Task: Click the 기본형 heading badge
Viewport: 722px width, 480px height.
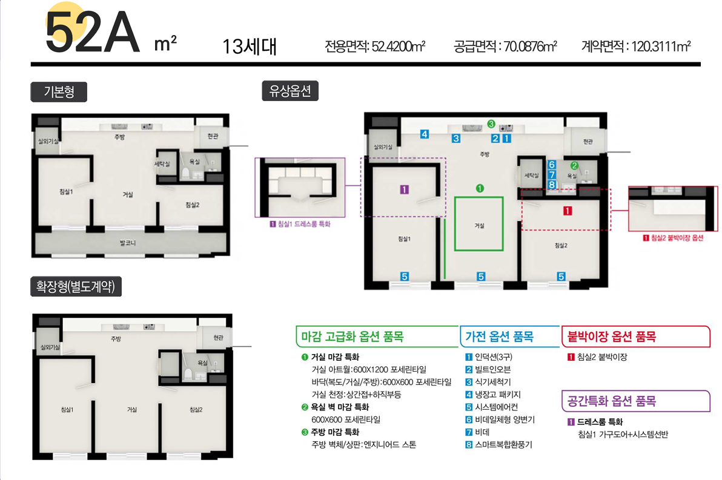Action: [59, 92]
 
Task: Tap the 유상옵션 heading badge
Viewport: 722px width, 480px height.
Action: [290, 91]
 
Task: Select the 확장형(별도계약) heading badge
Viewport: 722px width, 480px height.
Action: [76, 287]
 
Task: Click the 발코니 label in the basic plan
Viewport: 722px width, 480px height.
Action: [128, 243]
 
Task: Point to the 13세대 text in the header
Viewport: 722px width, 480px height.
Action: [249, 47]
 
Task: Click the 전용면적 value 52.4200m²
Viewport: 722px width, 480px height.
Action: [399, 47]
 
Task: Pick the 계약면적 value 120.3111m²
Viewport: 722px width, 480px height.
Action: [661, 47]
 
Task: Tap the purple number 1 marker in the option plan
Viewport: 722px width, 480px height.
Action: [404, 189]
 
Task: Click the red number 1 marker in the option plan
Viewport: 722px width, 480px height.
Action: [568, 211]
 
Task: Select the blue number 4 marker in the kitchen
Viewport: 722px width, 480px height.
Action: [425, 134]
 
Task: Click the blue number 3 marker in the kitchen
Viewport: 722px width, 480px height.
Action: [456, 139]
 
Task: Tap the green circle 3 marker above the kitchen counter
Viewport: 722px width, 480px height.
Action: [491, 124]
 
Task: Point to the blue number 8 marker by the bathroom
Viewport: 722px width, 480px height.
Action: [552, 185]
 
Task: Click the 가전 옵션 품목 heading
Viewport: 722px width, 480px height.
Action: [499, 337]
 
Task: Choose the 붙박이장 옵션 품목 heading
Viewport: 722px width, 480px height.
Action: [612, 337]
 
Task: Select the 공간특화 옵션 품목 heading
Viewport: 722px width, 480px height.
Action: [612, 401]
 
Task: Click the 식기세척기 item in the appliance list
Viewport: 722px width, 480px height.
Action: [492, 382]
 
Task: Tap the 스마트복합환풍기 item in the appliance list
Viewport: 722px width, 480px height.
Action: [503, 444]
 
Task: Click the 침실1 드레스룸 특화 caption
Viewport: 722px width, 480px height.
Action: [304, 224]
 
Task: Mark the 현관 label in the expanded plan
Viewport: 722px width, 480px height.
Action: [218, 338]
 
